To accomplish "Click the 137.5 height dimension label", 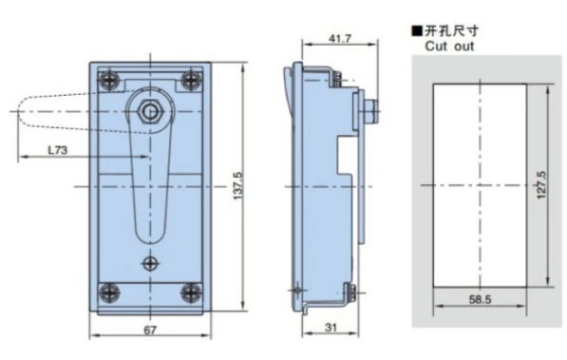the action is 237,186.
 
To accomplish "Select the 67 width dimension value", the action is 150,330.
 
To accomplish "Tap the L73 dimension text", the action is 58,150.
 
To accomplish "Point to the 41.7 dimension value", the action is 340,38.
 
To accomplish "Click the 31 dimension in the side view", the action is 331,328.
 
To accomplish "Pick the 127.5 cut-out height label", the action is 541,185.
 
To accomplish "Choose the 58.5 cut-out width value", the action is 480,299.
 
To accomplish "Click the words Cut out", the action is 449,47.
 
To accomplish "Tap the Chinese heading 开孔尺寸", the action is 451,31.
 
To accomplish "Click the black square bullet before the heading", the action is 417,31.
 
